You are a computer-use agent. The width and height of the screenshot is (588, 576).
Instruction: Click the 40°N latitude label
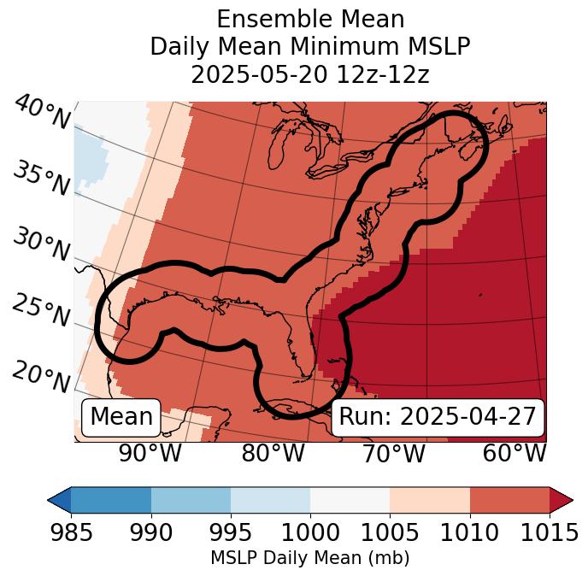point(41,113)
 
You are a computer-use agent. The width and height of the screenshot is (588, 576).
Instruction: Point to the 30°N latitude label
point(41,245)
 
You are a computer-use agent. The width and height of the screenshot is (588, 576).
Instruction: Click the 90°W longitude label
point(150,453)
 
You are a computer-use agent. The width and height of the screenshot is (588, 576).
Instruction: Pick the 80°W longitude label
point(273,453)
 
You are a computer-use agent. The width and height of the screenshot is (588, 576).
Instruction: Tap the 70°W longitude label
point(393,453)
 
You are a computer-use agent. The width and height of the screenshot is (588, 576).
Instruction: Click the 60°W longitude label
point(514,453)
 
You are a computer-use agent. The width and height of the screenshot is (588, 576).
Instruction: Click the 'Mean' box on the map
point(121,417)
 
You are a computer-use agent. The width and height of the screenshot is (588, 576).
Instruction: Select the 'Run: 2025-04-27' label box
point(438,417)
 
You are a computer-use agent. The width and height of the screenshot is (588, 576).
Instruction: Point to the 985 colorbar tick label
point(71,532)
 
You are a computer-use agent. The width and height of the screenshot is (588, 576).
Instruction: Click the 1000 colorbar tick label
point(310,532)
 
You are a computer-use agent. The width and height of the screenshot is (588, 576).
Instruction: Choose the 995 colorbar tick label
point(231,532)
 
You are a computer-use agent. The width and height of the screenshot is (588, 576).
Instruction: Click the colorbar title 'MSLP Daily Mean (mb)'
point(310,559)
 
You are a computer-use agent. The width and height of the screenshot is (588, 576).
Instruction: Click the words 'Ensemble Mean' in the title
point(310,19)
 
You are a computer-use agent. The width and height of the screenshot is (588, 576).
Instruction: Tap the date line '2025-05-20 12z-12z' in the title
point(310,74)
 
